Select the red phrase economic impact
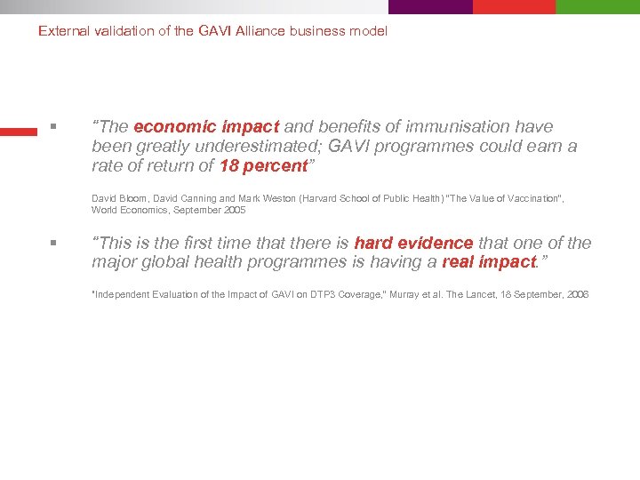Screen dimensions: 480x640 coord(206,127)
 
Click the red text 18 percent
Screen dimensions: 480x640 coord(263,166)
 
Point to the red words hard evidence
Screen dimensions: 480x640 coord(413,244)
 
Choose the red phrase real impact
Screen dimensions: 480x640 coord(489,262)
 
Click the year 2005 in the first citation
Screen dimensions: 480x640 coord(233,211)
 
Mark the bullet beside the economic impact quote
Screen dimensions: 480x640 coord(53,127)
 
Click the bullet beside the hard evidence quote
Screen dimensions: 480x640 coord(53,243)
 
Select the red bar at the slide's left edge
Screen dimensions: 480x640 coord(18,132)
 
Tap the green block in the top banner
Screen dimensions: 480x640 coord(597,6)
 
